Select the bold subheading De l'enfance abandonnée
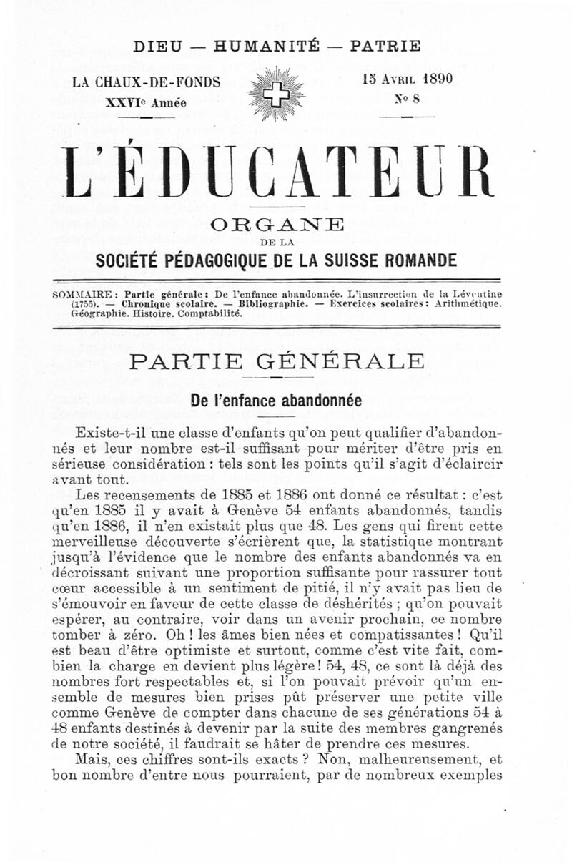point(275,401)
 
